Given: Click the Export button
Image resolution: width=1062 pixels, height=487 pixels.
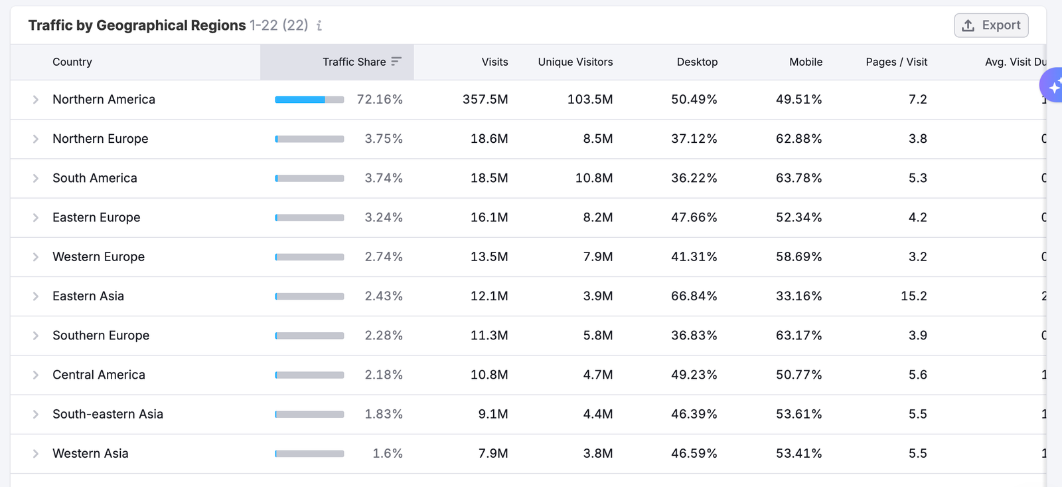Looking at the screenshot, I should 991,25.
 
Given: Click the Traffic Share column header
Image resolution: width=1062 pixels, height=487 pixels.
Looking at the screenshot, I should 354,62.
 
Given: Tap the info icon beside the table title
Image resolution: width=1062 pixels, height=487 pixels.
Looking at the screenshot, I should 319,26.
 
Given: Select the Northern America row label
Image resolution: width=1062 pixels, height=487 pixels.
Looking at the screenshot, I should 104,100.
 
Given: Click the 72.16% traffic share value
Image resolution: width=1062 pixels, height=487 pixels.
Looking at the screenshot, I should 380,100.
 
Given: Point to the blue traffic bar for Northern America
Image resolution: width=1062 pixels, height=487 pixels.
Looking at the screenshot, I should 300,100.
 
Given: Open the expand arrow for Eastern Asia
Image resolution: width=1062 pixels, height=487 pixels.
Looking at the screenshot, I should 36,296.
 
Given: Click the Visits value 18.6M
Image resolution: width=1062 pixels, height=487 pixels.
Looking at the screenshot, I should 489,139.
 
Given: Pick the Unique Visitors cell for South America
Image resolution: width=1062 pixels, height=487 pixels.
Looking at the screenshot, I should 594,178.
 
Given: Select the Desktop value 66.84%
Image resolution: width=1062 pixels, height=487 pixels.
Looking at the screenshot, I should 694,296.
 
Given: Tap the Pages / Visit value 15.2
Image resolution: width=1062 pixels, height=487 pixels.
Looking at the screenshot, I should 913,296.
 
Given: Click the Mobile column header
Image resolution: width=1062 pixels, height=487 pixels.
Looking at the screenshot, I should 806,62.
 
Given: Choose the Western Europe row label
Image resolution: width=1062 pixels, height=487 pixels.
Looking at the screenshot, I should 98,257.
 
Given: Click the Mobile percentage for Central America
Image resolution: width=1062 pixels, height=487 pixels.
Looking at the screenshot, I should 798,375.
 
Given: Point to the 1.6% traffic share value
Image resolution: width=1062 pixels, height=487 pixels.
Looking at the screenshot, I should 388,454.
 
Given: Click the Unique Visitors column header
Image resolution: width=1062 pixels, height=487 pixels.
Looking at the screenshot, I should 575,62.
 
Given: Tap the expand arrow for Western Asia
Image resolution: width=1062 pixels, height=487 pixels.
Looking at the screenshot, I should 36,454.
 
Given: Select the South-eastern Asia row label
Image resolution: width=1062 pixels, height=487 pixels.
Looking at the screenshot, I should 108,415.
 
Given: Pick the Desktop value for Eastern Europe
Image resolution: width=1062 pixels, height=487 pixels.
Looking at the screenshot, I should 694,218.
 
